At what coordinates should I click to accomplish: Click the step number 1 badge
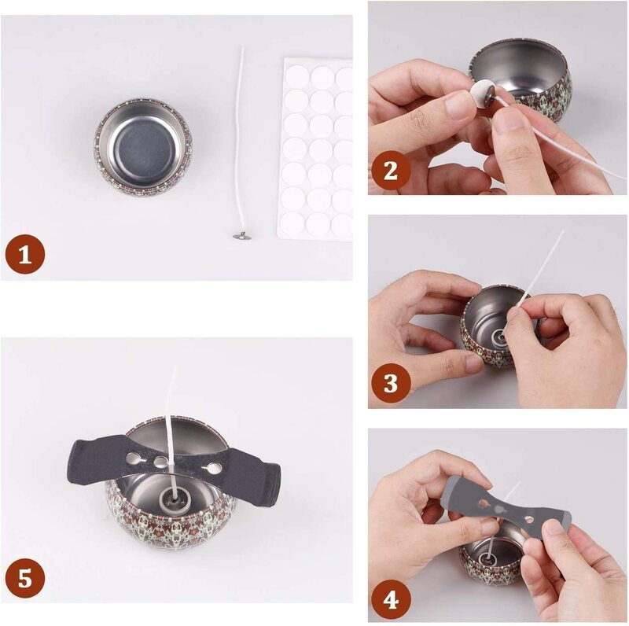click(25, 255)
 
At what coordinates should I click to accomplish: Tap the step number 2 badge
click(391, 171)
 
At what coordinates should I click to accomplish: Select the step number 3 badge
click(391, 383)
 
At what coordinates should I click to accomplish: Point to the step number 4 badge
click(391, 600)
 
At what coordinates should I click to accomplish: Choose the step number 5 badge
click(25, 580)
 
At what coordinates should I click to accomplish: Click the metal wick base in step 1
click(242, 237)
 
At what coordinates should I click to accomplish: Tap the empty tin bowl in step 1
click(144, 146)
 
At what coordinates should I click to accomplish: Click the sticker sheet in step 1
click(316, 149)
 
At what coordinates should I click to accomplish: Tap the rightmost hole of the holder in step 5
click(214, 466)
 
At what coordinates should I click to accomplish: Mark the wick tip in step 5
click(175, 368)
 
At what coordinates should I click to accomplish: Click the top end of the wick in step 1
click(242, 48)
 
